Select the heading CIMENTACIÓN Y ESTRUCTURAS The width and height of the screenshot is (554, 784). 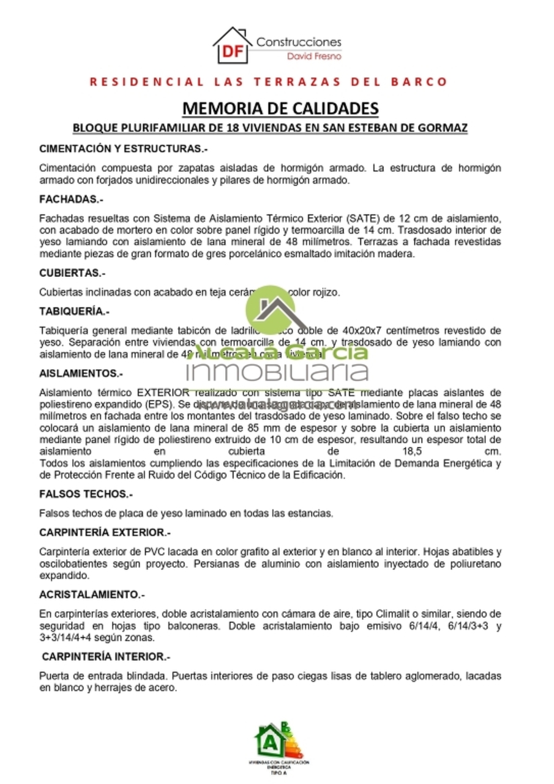[123, 149]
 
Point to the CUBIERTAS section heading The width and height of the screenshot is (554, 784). [72, 273]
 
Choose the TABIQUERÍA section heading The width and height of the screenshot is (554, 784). [74, 312]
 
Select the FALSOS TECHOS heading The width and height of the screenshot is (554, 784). [86, 494]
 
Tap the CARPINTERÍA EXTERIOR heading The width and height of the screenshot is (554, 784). [105, 532]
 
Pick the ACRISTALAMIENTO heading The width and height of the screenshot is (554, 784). [92, 594]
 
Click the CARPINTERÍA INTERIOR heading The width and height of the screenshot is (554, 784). [105, 657]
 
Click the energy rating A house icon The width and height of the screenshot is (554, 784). [270, 741]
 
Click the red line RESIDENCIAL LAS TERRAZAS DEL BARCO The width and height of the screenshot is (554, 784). [269, 81]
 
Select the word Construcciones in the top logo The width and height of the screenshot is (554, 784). [299, 42]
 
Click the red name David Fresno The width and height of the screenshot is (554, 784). [314, 56]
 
